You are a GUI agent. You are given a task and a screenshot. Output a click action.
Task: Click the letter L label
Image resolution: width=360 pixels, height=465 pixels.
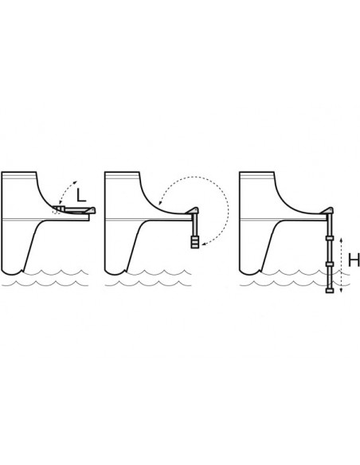tap(81, 195)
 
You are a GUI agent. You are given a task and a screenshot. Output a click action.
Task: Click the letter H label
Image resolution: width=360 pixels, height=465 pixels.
tap(354, 260)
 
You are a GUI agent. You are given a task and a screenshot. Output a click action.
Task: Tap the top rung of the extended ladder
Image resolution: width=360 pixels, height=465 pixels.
tap(330, 238)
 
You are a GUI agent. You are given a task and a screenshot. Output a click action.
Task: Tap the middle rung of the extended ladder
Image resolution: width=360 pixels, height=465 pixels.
tap(330, 264)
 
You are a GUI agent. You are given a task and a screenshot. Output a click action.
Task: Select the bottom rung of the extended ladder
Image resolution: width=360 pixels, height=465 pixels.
tap(330, 291)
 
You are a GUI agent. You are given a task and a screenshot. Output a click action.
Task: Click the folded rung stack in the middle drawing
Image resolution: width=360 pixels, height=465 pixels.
tap(195, 242)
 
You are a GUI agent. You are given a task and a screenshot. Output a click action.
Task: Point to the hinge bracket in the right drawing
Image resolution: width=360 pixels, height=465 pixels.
tap(327, 210)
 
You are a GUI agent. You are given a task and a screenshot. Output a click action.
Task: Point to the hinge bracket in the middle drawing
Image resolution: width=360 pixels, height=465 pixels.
tap(192, 210)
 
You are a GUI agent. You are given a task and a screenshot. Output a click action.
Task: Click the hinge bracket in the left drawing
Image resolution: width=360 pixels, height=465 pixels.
tap(90, 210)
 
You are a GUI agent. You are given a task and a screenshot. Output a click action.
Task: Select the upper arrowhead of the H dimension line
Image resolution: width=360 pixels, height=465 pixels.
tap(341, 240)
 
